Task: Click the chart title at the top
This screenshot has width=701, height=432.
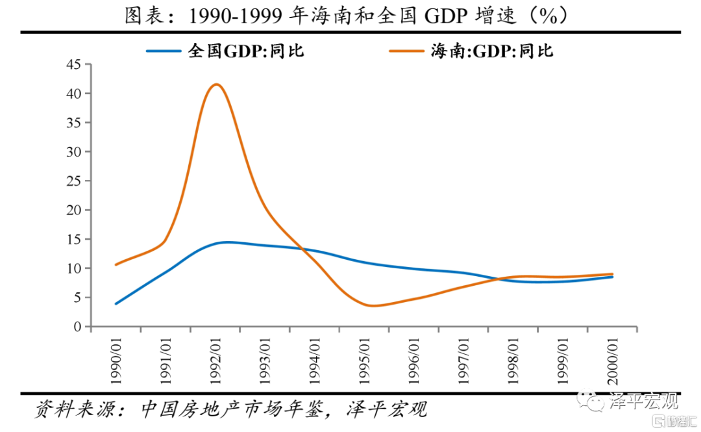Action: pos(350,16)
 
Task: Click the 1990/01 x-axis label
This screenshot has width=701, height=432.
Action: pos(117,358)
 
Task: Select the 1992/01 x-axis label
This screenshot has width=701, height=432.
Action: pos(215,358)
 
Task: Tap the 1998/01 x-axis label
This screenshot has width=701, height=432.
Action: pos(513,358)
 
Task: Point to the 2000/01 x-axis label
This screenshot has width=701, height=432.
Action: pos(611,358)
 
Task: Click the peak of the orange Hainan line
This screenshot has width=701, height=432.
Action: pos(216,84)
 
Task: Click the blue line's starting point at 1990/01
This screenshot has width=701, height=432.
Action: pos(116,303)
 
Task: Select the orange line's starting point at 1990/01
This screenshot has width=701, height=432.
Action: pos(116,264)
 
